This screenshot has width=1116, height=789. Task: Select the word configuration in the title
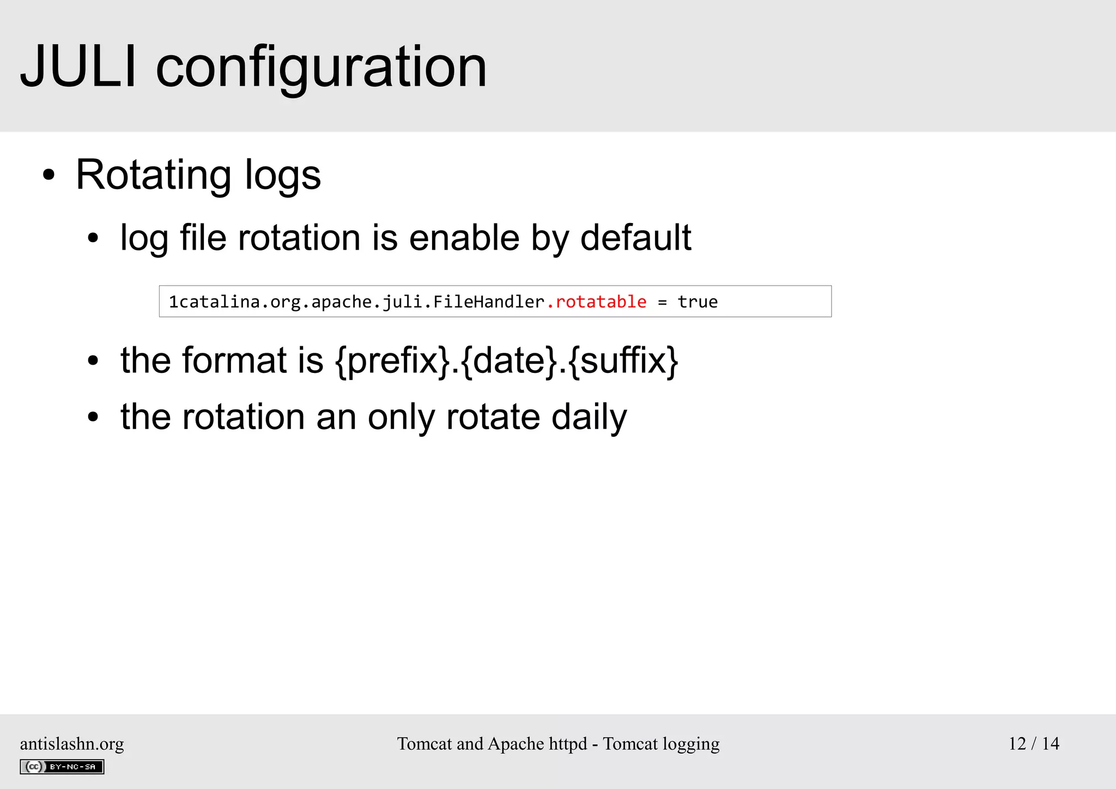click(x=321, y=69)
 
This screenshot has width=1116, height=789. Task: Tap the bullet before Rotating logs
click(x=49, y=176)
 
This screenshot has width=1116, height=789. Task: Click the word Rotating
click(x=153, y=176)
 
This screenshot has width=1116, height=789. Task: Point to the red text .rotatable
click(x=597, y=302)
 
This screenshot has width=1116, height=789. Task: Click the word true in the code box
click(x=697, y=302)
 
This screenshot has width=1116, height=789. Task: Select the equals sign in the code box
click(x=662, y=302)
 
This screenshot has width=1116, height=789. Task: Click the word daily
click(x=589, y=417)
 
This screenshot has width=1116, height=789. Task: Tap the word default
click(x=635, y=238)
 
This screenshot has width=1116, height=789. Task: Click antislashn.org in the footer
click(x=72, y=744)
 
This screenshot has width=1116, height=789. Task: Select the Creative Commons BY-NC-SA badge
click(x=62, y=767)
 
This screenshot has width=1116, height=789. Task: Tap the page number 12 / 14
click(x=1034, y=744)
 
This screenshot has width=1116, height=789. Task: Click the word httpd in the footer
click(x=568, y=744)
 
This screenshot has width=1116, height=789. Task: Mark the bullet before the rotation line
click(x=93, y=418)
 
